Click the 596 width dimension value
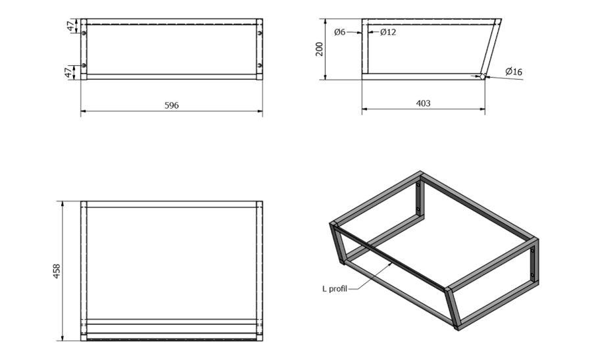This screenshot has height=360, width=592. (x=172, y=105)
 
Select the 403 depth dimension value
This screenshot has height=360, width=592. (x=423, y=103)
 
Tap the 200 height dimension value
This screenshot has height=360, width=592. (x=320, y=49)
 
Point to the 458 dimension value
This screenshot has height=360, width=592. (x=57, y=271)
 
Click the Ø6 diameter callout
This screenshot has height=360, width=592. (x=340, y=32)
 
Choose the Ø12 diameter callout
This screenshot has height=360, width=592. (x=388, y=32)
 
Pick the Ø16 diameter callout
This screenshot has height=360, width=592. (x=514, y=71)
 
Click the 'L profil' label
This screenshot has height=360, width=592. (x=335, y=289)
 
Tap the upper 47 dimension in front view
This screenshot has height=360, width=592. (x=70, y=26)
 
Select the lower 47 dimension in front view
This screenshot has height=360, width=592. (x=68, y=72)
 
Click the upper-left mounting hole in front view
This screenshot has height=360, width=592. (x=84, y=34)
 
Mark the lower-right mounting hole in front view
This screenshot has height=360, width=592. (x=260, y=65)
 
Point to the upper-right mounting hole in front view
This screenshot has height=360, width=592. (x=260, y=34)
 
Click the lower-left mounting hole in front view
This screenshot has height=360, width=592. (x=84, y=65)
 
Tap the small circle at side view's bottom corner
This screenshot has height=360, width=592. (x=482, y=77)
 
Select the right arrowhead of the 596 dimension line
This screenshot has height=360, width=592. (x=260, y=111)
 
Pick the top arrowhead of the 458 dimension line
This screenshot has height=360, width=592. (x=62, y=204)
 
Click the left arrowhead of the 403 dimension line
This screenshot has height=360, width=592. (x=364, y=109)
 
